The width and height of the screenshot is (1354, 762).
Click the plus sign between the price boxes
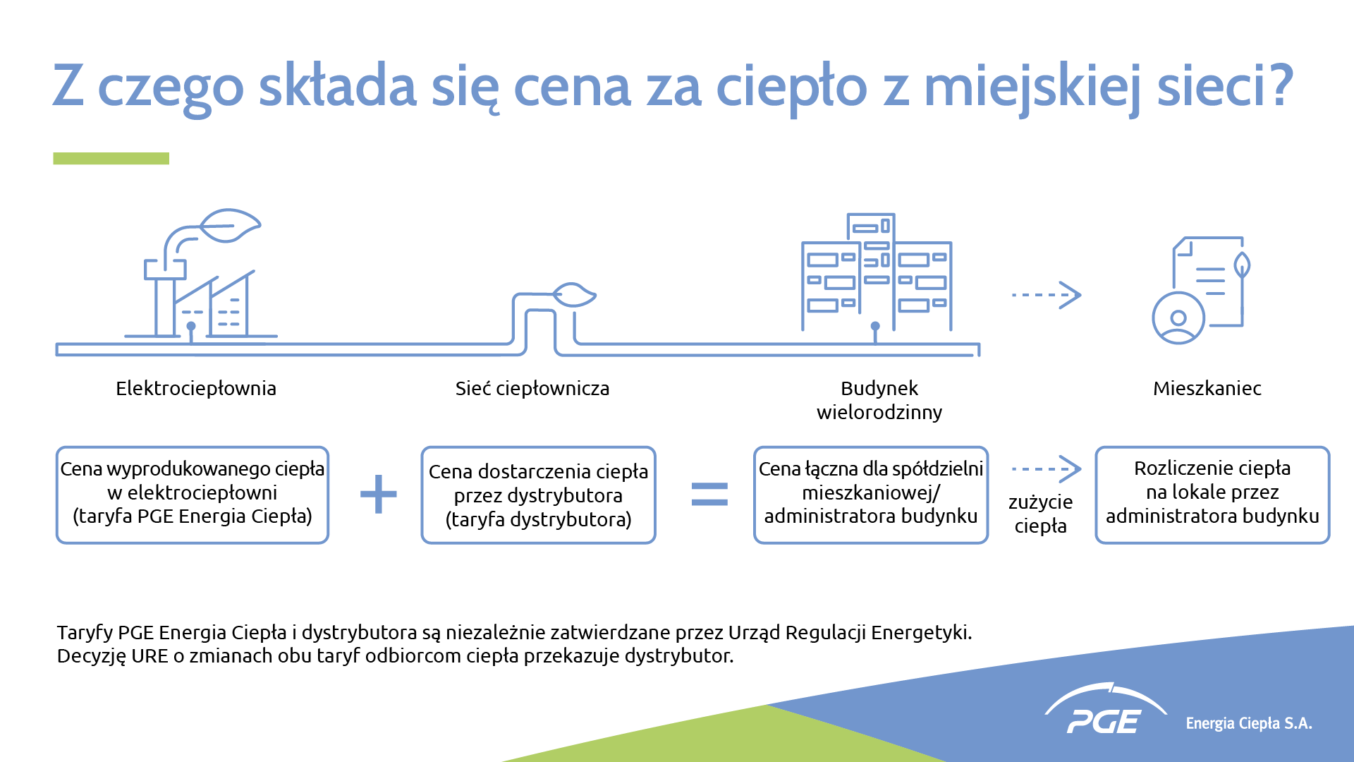click(x=379, y=494)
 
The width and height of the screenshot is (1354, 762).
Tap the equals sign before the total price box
click(x=709, y=495)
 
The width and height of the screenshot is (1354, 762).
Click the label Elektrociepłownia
click(x=196, y=389)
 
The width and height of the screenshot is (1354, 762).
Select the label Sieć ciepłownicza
click(x=532, y=389)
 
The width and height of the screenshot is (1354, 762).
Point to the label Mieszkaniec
click(x=1207, y=389)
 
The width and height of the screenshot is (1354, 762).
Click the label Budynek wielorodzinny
click(x=879, y=400)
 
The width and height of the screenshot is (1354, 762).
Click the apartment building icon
click(x=877, y=272)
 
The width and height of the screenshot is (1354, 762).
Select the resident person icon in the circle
click(x=1178, y=318)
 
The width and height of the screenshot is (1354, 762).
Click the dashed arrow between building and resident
click(x=1047, y=295)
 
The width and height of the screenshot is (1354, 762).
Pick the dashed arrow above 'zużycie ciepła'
click(x=1047, y=469)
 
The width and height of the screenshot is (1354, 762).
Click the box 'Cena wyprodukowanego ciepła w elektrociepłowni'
click(x=193, y=495)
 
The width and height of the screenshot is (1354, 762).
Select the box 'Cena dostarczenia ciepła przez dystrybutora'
click(x=539, y=495)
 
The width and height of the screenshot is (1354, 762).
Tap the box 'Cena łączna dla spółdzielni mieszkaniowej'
click(x=871, y=495)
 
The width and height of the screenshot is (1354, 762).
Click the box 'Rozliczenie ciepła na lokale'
click(x=1212, y=495)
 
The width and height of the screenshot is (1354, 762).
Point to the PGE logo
click(x=1104, y=710)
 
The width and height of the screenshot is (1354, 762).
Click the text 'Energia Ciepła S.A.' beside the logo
click(x=1249, y=724)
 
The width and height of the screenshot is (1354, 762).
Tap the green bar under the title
click(x=111, y=159)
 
